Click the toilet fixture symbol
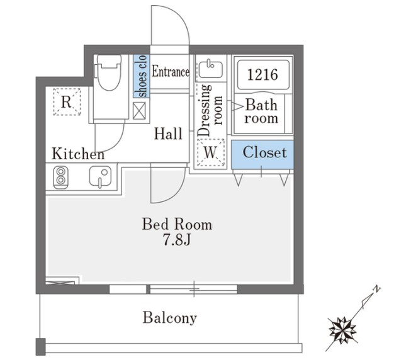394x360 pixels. pos(108,72)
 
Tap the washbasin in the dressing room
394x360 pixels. pos(211,68)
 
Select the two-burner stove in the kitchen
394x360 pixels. pos(60,177)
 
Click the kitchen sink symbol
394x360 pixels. pos(100,177)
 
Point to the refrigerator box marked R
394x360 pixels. pos(67,102)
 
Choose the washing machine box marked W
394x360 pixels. pos(211,152)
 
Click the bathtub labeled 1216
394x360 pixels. pos(263,75)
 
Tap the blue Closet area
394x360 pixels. pos(262,154)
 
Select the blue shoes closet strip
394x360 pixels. pos(141,76)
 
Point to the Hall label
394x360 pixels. pos(168,133)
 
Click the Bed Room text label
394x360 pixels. pos(177,224)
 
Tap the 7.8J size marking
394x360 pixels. pos(177,240)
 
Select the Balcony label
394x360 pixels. pos(169,318)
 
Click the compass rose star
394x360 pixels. pos(343,330)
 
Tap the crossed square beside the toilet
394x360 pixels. pos(139,111)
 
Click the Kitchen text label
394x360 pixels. pos(78,154)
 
